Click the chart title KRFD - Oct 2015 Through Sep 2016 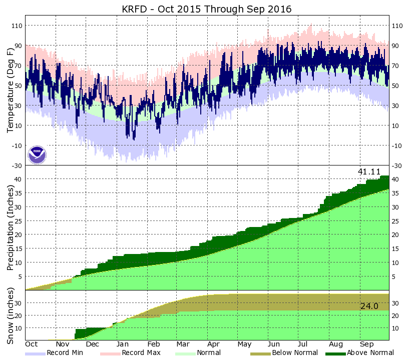[207, 9]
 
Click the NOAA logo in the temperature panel [37, 154]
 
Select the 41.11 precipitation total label [369, 171]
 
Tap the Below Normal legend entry [295, 352]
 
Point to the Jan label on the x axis [123, 344]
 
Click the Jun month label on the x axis [274, 344]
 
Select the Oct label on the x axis [32, 344]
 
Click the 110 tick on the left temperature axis [17, 25]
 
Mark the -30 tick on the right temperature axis [397, 165]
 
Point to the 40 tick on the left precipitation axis [18, 179]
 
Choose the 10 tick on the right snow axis [395, 328]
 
